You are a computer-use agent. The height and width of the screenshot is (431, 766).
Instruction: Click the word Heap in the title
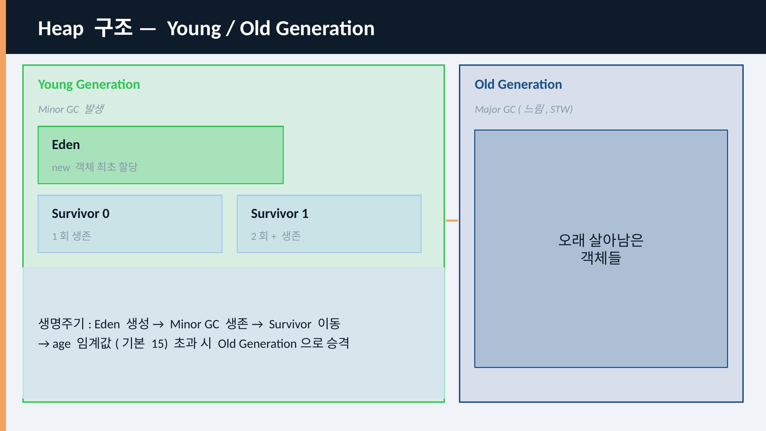(x=61, y=29)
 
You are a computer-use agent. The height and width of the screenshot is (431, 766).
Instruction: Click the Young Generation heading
(x=89, y=85)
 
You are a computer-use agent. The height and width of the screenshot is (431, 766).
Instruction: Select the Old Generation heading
(x=518, y=85)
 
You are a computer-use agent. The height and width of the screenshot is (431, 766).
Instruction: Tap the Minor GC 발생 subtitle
(x=71, y=109)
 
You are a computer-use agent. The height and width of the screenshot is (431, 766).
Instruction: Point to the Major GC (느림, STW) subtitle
(x=524, y=109)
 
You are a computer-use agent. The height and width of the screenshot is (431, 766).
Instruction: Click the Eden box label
(x=66, y=144)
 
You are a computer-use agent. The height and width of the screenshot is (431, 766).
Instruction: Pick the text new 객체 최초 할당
(x=95, y=167)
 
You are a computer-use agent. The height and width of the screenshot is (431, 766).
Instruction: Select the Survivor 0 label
(x=81, y=213)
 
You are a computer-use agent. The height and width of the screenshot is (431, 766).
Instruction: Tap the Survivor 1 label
(x=280, y=213)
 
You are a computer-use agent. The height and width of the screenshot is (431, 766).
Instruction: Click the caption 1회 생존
(x=71, y=236)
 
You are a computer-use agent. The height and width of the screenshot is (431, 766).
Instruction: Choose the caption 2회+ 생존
(x=276, y=236)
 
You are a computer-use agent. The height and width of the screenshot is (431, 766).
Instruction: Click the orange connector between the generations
(x=452, y=220)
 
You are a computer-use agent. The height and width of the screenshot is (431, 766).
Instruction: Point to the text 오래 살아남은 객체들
(x=601, y=249)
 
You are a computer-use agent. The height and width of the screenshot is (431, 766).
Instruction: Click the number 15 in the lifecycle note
(x=157, y=344)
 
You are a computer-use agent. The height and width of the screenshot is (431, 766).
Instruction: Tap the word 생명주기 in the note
(x=61, y=324)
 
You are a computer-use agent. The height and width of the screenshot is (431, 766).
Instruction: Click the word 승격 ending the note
(x=338, y=343)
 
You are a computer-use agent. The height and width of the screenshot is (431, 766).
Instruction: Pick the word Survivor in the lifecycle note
(x=290, y=324)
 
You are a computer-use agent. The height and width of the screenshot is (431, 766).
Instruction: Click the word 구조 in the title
(x=114, y=28)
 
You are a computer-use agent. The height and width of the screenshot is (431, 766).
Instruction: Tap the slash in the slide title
(x=230, y=29)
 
